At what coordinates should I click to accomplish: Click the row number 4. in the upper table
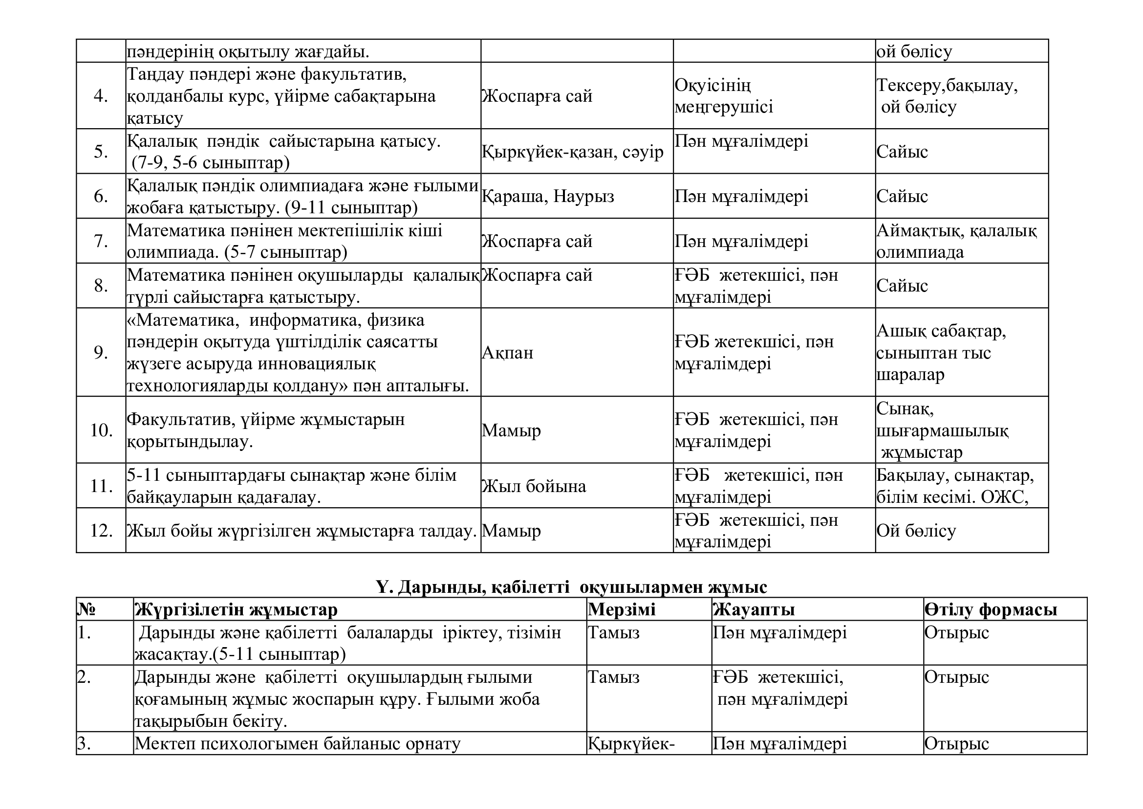[101, 96]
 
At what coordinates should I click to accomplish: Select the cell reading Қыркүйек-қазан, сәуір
[573, 152]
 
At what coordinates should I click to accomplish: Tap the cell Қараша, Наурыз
[548, 196]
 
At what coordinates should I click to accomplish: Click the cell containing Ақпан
[507, 353]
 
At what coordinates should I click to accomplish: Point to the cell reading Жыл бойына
[534, 486]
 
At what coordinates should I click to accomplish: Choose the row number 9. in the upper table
[101, 353]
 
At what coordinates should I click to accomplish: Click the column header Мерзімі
[621, 610]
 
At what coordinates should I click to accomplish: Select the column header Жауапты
[753, 610]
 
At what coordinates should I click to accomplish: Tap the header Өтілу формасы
[991, 610]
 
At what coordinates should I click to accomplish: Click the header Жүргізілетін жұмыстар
[236, 610]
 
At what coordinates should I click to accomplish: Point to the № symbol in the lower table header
[86, 610]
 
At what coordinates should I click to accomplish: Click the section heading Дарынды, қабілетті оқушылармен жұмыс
[572, 587]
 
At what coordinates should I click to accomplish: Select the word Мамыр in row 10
[511, 430]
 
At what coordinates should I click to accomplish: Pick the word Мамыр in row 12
[511, 531]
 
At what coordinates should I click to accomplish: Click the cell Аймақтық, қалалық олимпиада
[956, 241]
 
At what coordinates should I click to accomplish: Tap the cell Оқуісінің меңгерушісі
[723, 96]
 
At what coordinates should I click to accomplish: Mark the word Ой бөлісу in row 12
[916, 531]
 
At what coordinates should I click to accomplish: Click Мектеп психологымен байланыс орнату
[297, 744]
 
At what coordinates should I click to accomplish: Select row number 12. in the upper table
[101, 531]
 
